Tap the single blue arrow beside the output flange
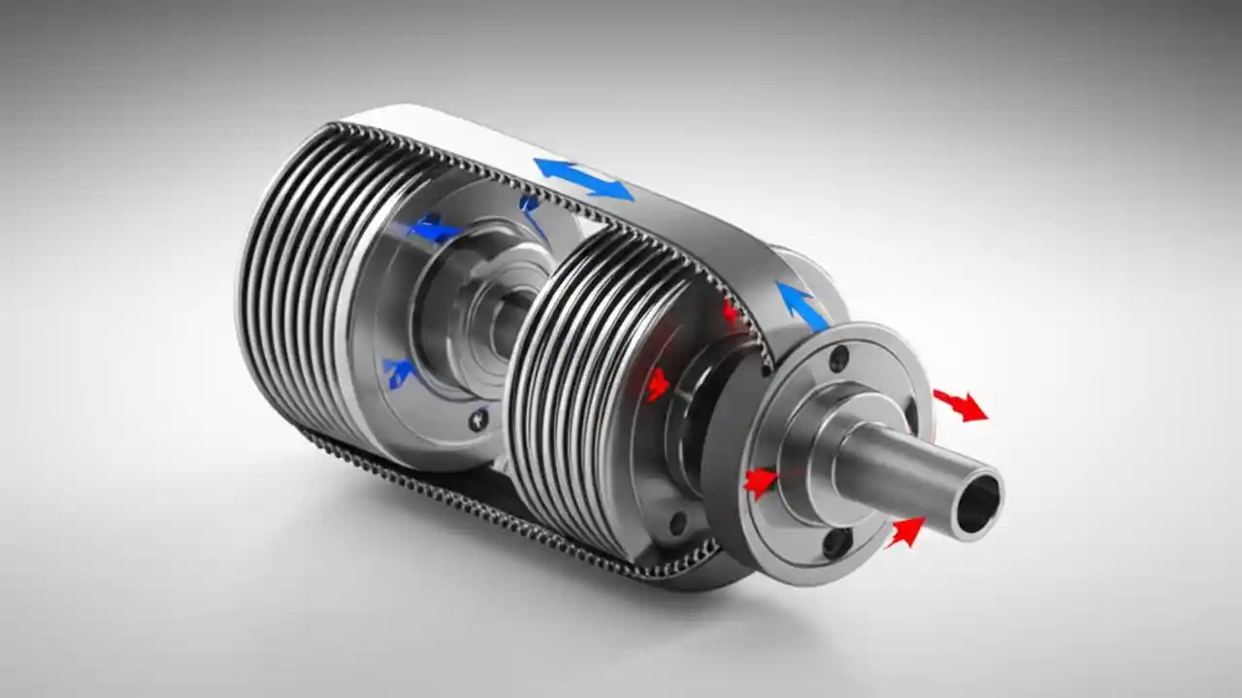pos(801,302)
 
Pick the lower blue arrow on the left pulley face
pos(399,371)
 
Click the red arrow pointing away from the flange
pos(960,404)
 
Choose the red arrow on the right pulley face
pos(658,384)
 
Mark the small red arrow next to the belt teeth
pos(731,312)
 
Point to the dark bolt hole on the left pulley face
pos(477,421)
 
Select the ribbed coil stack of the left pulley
pos(291,291)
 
